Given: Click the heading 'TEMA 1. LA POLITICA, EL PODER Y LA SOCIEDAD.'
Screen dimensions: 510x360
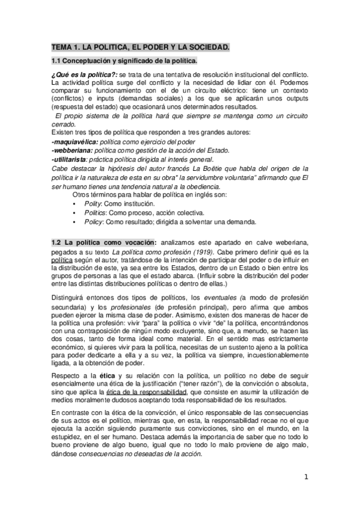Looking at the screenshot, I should tap(140, 47).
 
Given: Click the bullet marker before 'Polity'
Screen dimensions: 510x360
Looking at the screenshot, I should tap(74, 204).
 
